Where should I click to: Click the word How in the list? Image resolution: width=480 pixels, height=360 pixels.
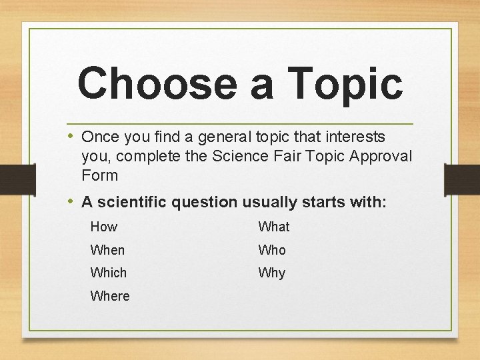pyautogui.click(x=104, y=227)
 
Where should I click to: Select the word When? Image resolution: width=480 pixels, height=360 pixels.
pyautogui.click(x=107, y=250)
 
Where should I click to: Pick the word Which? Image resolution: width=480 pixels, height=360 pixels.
pyautogui.click(x=108, y=273)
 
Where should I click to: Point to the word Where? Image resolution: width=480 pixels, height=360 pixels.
pyautogui.click(x=110, y=296)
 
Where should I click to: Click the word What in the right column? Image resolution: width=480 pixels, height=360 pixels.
pyautogui.click(x=274, y=227)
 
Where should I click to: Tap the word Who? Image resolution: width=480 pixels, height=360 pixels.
pyautogui.click(x=272, y=250)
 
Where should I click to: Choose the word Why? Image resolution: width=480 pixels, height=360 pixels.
pyautogui.click(x=271, y=273)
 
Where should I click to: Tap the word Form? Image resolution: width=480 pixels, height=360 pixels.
pyautogui.click(x=99, y=176)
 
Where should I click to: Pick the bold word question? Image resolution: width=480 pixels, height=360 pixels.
pyautogui.click(x=208, y=201)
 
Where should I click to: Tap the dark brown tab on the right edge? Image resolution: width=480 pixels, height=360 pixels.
pyautogui.click(x=462, y=179)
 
